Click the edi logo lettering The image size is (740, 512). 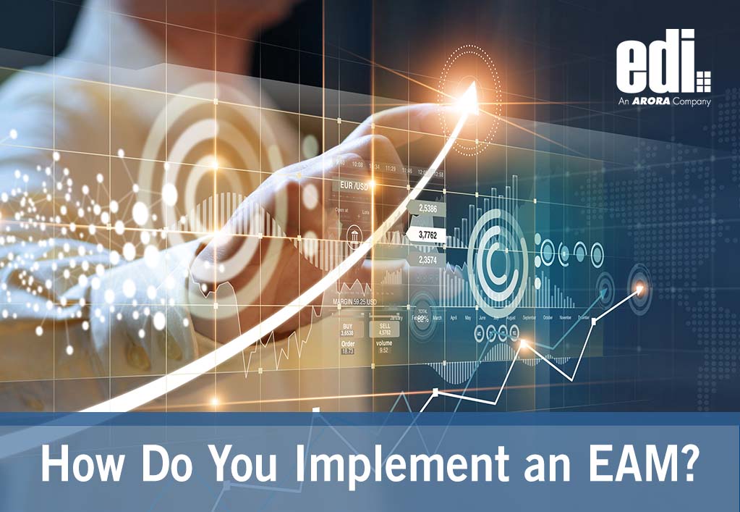pyautogui.click(x=655, y=61)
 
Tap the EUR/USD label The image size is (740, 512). pyautogui.click(x=352, y=186)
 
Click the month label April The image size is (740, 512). pyautogui.click(x=454, y=318)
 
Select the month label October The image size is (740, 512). pyautogui.click(x=547, y=318)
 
